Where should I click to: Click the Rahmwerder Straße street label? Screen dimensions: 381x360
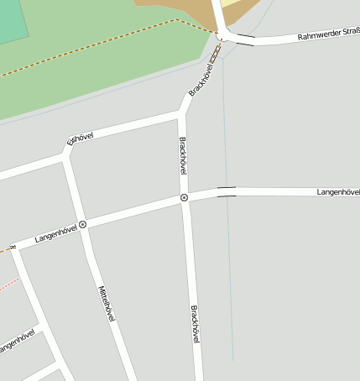pos(329,35)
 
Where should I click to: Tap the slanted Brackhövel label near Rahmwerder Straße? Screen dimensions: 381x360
pos(202,78)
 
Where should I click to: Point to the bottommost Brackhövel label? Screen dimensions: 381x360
pos(196,324)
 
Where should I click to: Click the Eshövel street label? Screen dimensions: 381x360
pos(80,136)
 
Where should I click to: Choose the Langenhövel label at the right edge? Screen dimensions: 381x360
pos(338,192)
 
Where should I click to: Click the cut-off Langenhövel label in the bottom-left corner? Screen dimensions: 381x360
pos(17,342)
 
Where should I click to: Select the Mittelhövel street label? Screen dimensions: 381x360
pos(107,304)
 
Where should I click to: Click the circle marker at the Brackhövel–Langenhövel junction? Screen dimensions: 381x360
pos(184,198)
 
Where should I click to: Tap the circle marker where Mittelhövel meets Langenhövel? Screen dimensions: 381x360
pos(83,225)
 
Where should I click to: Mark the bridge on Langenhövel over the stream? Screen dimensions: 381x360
pos(227,191)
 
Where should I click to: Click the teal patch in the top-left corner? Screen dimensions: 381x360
pos(13,21)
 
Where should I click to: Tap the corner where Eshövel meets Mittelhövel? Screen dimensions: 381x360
pos(65,154)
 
